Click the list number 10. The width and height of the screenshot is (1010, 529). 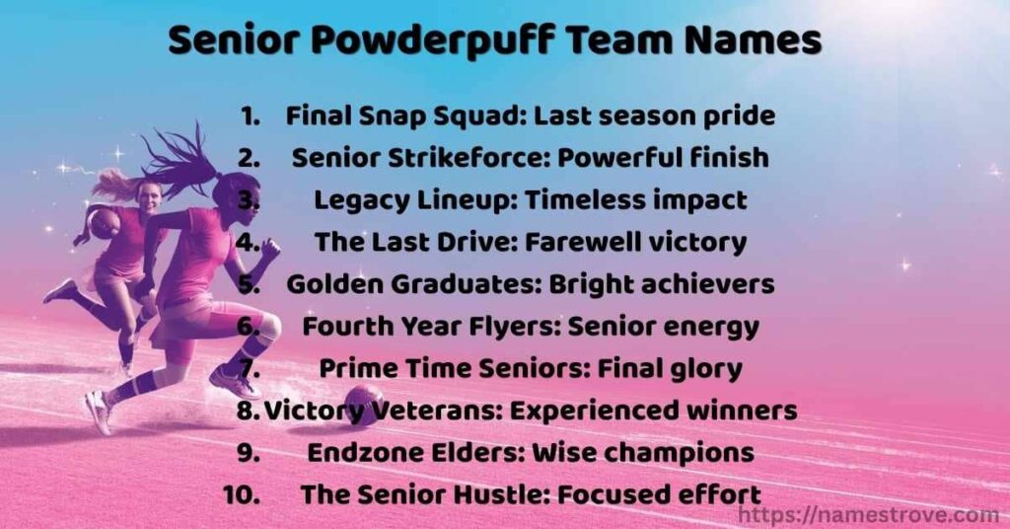pos(242,493)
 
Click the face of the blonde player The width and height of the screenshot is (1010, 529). pos(149,193)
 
